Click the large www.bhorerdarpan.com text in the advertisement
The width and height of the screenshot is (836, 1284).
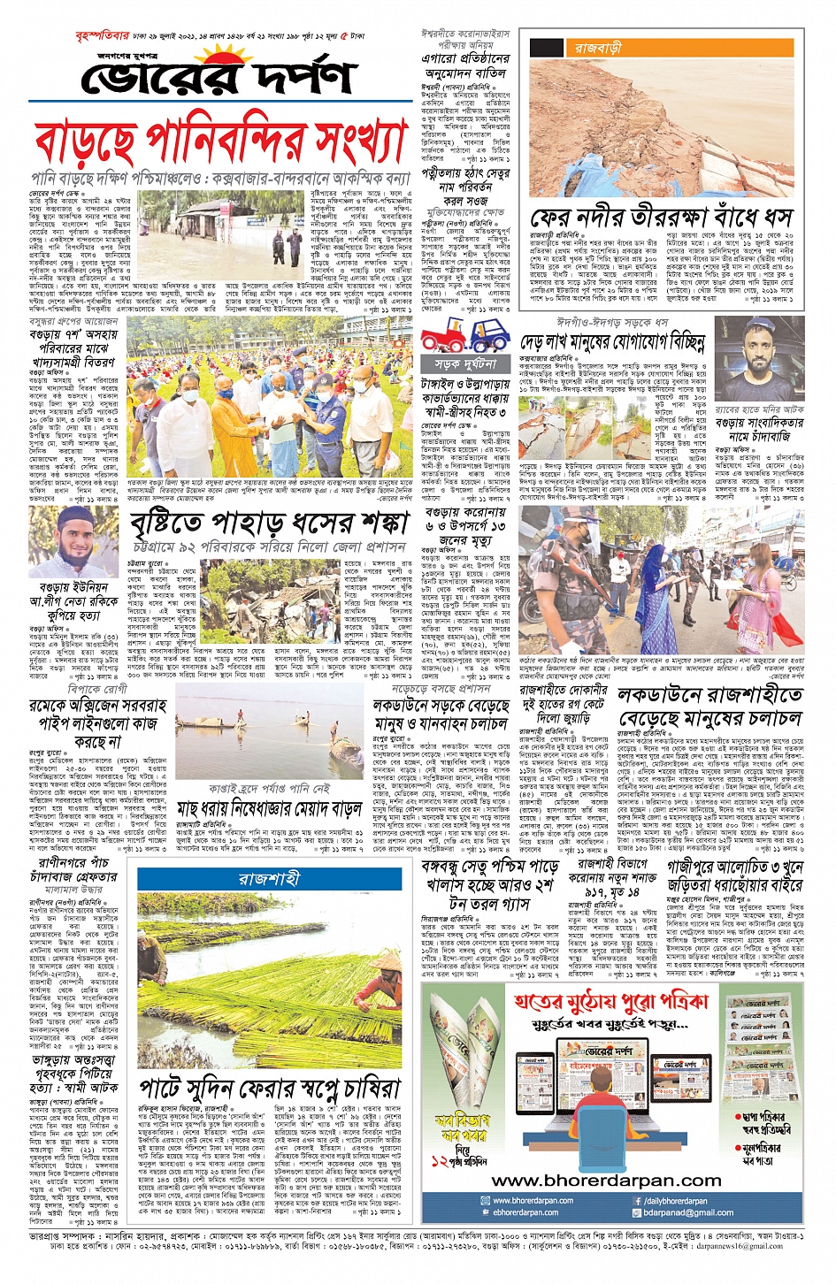click(x=606, y=1181)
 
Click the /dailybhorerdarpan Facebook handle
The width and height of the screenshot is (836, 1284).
click(x=676, y=1201)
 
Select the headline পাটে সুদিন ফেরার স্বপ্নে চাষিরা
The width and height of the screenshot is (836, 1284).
click(x=270, y=1088)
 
